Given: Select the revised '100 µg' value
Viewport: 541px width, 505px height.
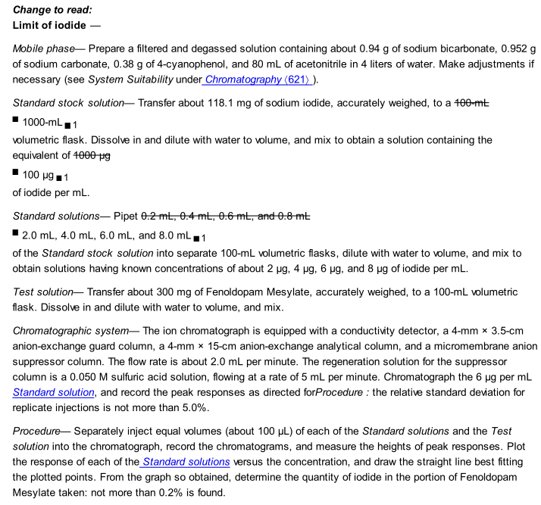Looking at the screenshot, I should click(x=39, y=176).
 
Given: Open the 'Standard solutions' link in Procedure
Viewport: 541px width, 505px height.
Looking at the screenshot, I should click(x=186, y=462).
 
